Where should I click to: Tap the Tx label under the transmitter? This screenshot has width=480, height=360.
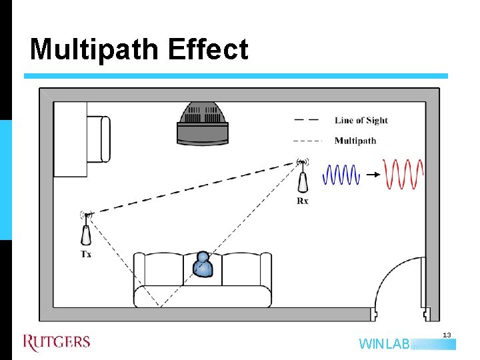[87, 254]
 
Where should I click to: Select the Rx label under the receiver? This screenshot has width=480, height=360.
[303, 201]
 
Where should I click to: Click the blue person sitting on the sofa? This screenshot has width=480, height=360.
[203, 265]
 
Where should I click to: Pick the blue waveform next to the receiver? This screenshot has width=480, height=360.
[341, 175]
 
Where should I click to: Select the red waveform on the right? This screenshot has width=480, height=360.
[403, 175]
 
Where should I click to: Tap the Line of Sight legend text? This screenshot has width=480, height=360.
[361, 121]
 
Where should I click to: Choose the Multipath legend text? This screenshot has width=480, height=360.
[355, 141]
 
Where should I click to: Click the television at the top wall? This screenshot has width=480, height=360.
[203, 124]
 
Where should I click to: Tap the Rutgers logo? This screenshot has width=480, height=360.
[56, 342]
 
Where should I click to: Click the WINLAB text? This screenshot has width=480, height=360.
[384, 345]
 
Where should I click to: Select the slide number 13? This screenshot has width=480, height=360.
[447, 334]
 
